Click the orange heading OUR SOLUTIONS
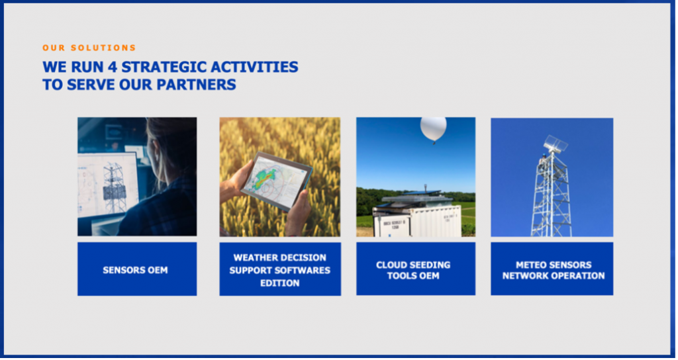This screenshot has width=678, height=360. click(x=89, y=48)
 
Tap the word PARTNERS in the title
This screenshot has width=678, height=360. click(x=196, y=84)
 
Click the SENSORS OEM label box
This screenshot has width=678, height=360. click(x=137, y=269)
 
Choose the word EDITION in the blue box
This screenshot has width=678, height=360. click(x=280, y=283)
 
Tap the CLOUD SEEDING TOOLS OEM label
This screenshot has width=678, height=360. click(x=416, y=269)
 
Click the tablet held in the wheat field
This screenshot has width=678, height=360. click(x=277, y=181)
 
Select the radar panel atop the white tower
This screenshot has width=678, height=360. click(x=556, y=143)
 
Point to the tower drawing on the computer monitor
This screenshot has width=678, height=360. click(x=113, y=187)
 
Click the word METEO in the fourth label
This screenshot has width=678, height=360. click(x=532, y=265)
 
